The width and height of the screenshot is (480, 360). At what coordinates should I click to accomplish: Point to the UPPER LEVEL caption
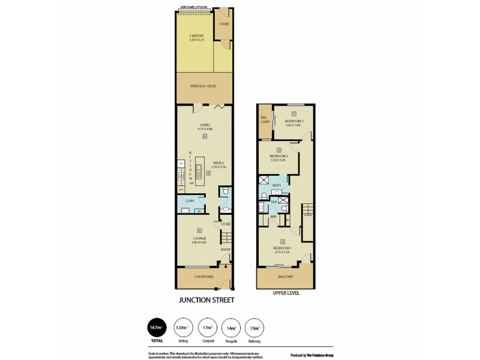pyautogui.click(x=285, y=293)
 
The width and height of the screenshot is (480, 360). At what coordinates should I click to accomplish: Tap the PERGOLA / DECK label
pyautogui.click(x=204, y=86)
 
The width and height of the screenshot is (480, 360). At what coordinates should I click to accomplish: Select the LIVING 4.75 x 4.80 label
pyautogui.click(x=205, y=127)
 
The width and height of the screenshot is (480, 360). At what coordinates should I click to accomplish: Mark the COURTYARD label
pyautogui.click(x=204, y=277)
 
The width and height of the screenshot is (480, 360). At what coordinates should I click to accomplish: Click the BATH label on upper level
pyautogui.click(x=277, y=185)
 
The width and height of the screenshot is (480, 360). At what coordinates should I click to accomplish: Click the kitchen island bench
pyautogui.click(x=199, y=169)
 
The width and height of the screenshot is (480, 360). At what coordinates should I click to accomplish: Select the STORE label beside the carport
pyautogui.click(x=224, y=24)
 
